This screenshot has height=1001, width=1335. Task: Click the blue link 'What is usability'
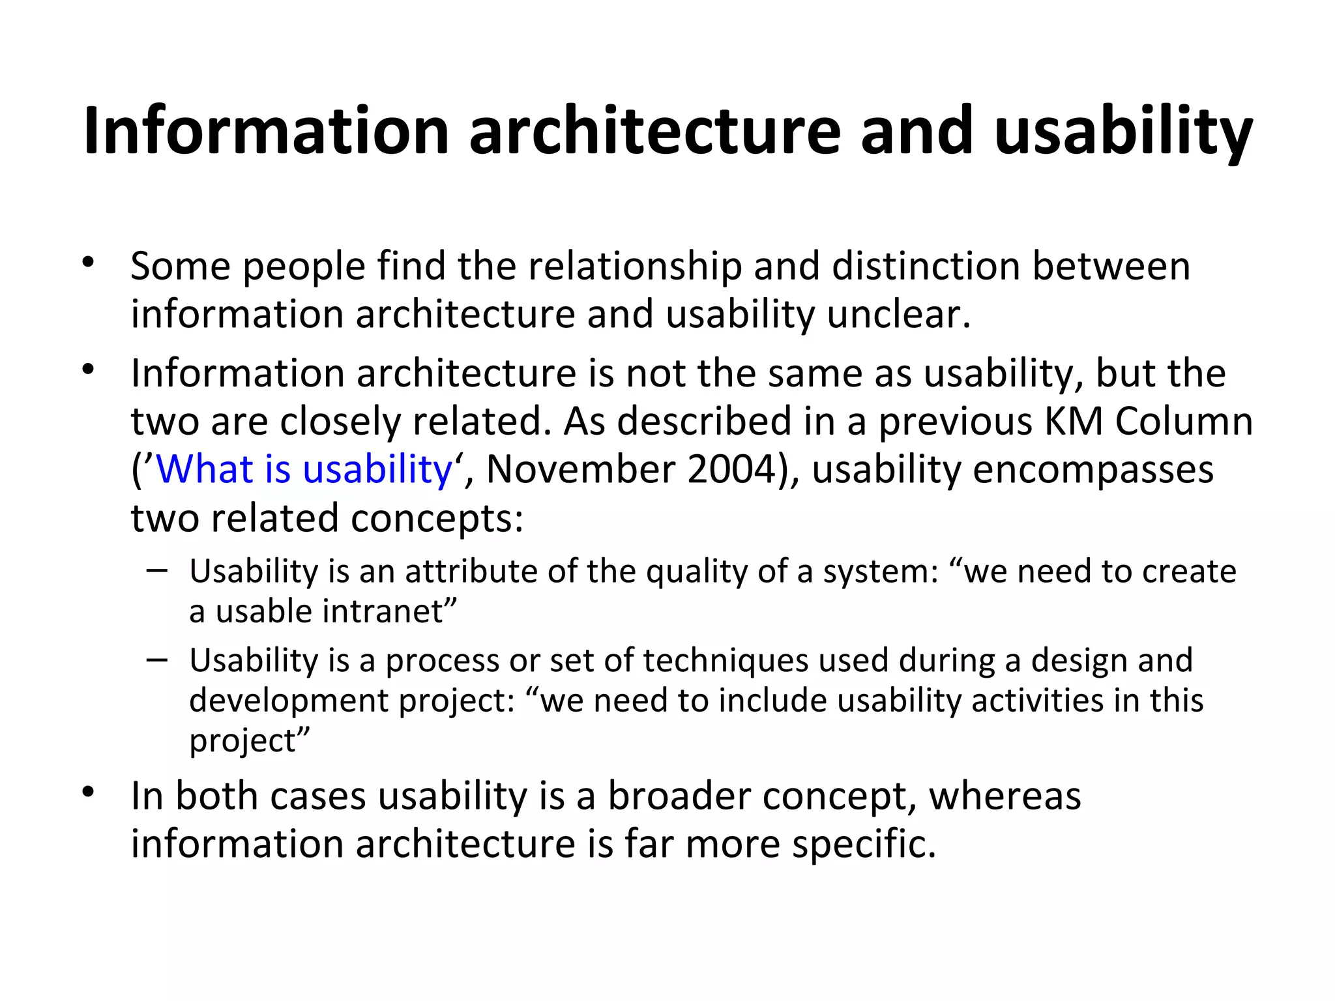tap(304, 469)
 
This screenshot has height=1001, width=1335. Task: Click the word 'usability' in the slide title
tap(1122, 132)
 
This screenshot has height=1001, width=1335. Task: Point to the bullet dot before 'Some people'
tap(89, 264)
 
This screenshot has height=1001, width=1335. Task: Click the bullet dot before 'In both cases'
tap(89, 793)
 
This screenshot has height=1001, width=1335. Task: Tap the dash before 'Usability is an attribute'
tap(157, 571)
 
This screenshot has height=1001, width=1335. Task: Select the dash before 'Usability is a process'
tap(157, 660)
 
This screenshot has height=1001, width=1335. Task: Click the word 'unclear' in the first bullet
tap(898, 314)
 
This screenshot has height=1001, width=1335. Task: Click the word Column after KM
tap(1184, 421)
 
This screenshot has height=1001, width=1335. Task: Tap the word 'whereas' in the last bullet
tap(1005, 796)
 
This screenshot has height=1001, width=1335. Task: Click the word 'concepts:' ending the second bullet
tap(437, 518)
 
